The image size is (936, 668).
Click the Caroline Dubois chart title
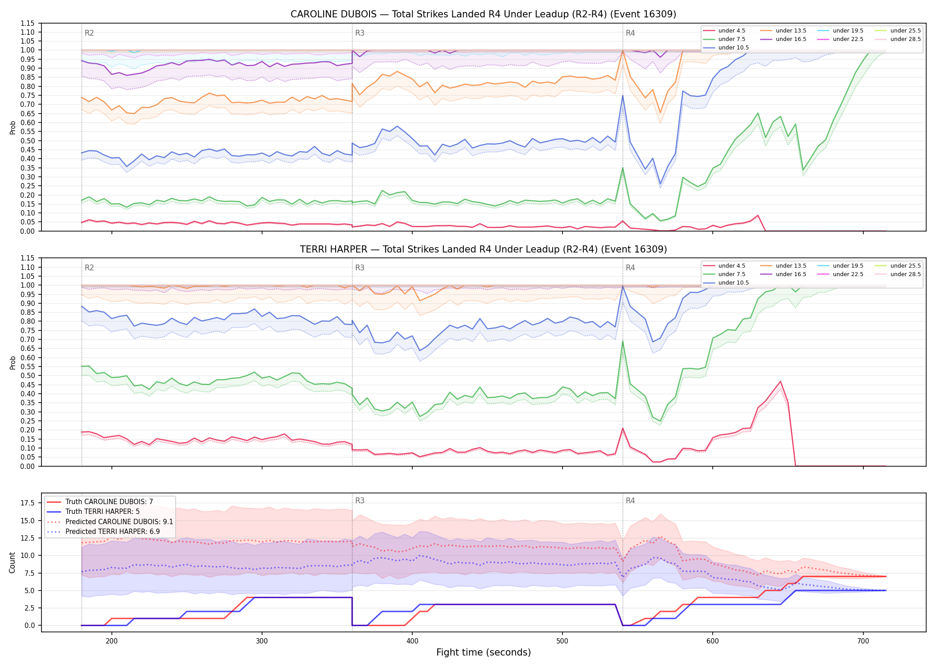[x=483, y=14]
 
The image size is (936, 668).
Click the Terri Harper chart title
[x=483, y=249]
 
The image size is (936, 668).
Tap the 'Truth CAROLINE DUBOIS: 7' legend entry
[x=99, y=502]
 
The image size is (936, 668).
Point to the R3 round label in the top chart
[x=360, y=33]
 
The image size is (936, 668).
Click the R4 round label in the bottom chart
[x=630, y=501]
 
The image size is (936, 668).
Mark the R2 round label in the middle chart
[x=89, y=268]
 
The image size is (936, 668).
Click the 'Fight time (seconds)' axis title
[x=484, y=652]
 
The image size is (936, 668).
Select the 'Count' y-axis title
[x=12, y=562]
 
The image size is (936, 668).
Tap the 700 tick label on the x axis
[x=863, y=641]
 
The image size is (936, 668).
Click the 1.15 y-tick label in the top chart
[x=28, y=23]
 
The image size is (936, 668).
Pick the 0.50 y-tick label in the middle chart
[x=28, y=375]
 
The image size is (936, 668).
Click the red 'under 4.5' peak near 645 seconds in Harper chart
[x=780, y=382]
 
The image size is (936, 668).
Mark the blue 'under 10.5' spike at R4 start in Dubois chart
[x=623, y=95]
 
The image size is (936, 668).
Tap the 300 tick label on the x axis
[x=262, y=641]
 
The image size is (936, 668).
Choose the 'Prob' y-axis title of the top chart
[x=12, y=127]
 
